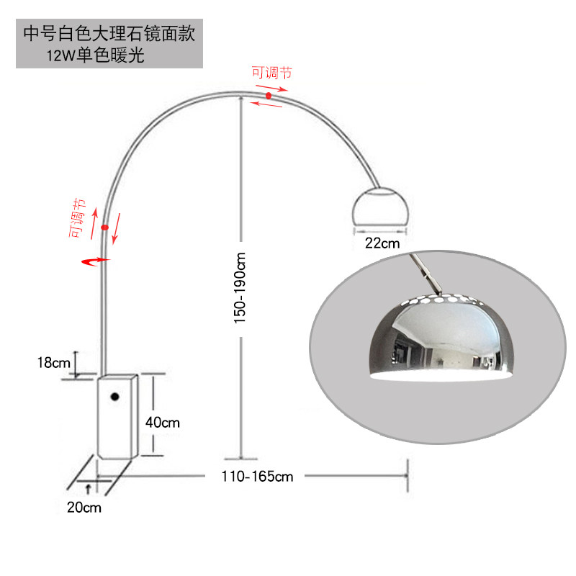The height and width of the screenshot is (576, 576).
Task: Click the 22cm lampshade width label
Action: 382,243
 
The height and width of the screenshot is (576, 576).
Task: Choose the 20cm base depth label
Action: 84,508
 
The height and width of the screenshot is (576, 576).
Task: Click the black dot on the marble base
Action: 114,397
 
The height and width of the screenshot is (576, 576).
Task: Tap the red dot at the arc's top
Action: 269,95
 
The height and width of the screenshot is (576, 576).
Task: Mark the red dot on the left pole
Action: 104,228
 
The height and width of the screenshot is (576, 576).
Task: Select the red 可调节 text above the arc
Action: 271,72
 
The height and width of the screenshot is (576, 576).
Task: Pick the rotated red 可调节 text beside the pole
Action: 78,220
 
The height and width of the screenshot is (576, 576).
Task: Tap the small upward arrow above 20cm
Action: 88,489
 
